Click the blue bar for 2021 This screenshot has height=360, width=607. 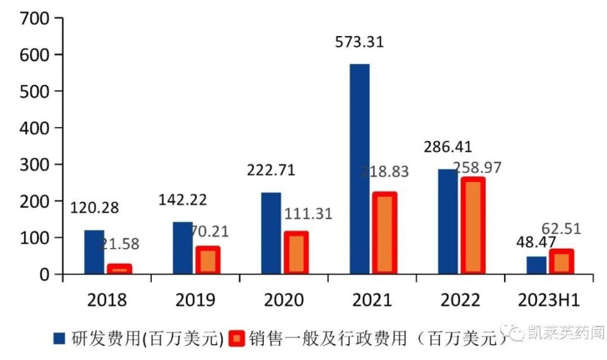pos(359,169)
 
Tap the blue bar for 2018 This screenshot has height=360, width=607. pos(94,252)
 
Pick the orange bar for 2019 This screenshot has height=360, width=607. pos(207,260)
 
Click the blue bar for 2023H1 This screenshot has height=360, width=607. pos(536,265)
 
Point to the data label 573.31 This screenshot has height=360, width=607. pos(359,43)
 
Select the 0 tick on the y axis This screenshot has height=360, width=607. pos(44,275)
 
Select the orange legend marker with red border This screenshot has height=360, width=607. pos(236,339)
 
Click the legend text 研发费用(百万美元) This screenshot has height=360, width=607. pos(147,339)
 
